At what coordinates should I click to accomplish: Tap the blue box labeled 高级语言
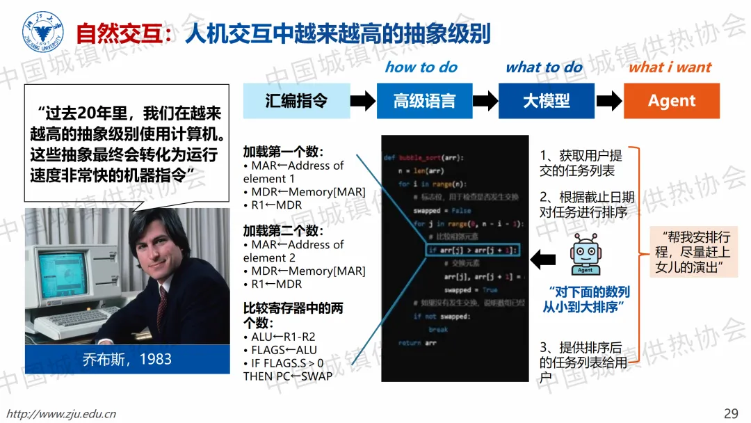(x=424, y=100)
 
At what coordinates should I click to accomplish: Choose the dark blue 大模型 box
(x=547, y=100)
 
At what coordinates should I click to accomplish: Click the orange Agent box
(x=671, y=100)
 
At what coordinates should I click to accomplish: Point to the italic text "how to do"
(x=421, y=67)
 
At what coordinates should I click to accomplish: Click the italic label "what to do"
(x=544, y=67)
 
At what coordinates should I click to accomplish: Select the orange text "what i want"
(x=670, y=67)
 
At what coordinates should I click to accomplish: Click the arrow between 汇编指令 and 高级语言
(x=362, y=101)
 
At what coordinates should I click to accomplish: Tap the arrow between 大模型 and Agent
(x=609, y=101)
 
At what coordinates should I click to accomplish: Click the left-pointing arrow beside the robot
(x=542, y=260)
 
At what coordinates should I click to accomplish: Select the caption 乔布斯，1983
(x=127, y=359)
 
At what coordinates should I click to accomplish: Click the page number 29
(x=731, y=413)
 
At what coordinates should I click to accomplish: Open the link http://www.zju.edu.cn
(x=61, y=414)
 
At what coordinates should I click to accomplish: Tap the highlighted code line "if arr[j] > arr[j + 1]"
(x=472, y=250)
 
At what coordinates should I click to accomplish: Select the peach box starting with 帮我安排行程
(x=693, y=253)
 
